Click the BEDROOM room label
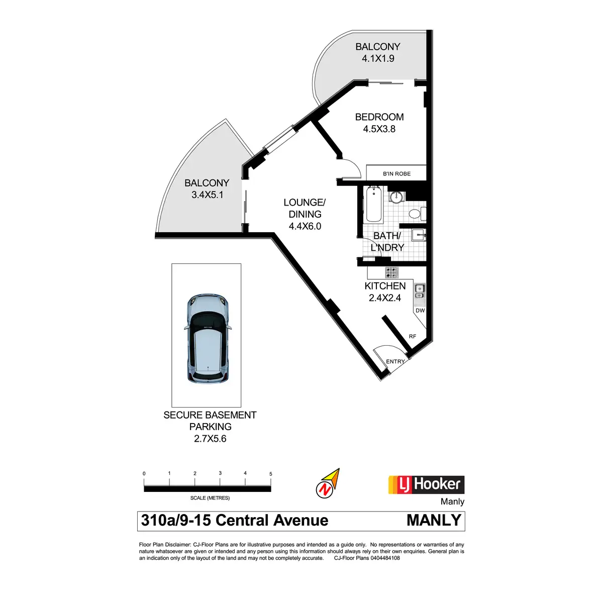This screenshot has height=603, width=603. pyautogui.click(x=379, y=117)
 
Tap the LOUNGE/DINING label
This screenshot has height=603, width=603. pyautogui.click(x=305, y=208)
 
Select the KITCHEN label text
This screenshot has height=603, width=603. pyautogui.click(x=385, y=286)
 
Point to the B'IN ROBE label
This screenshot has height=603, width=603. pyautogui.click(x=396, y=174)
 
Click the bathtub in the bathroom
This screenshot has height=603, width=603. pyautogui.click(x=374, y=205)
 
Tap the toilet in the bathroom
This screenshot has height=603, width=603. pyautogui.click(x=415, y=214)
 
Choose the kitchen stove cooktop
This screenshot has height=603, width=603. pyautogui.click(x=392, y=273)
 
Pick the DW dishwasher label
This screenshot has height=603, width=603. pyautogui.click(x=420, y=311)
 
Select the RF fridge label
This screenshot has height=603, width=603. pyautogui.click(x=412, y=336)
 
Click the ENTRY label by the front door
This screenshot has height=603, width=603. pyautogui.click(x=395, y=361)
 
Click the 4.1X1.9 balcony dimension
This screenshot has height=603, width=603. pyautogui.click(x=378, y=58)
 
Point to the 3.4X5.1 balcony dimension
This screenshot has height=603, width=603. pyautogui.click(x=207, y=195)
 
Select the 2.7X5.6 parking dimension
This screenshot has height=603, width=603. pyautogui.click(x=210, y=439)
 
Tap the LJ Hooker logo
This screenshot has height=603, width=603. pyautogui.click(x=426, y=485)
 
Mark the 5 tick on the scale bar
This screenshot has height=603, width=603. pyautogui.click(x=271, y=474)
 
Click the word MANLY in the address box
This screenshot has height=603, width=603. pyautogui.click(x=434, y=521)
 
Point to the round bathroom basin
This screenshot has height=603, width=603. pyautogui.click(x=397, y=197)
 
